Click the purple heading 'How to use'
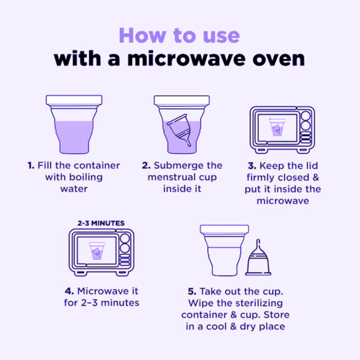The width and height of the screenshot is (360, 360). (x=179, y=36)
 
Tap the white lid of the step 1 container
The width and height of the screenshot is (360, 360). (x=74, y=100)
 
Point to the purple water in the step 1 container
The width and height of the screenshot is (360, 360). (x=74, y=137)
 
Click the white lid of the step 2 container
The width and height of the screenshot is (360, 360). (x=182, y=101)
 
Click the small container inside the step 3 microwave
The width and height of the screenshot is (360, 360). (x=277, y=127)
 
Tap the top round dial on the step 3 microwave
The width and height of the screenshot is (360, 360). (x=306, y=116)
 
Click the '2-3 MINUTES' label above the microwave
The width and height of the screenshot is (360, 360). (x=101, y=223)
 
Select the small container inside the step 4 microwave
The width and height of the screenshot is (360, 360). (x=97, y=251)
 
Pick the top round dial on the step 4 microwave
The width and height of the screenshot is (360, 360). (x=125, y=239)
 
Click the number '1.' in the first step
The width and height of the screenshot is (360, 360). (x=31, y=165)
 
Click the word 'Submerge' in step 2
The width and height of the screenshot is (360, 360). (x=176, y=166)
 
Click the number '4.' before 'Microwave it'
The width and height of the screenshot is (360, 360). (x=69, y=291)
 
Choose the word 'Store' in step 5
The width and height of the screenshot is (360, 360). (x=276, y=315)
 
